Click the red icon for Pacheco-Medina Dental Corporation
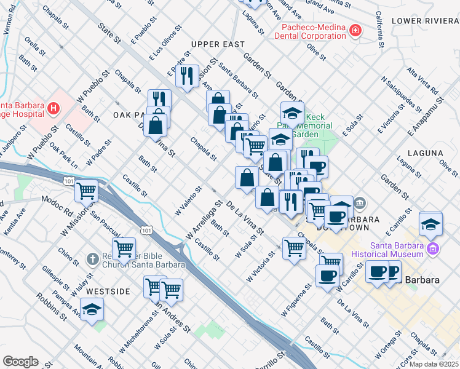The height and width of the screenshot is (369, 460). (355, 30)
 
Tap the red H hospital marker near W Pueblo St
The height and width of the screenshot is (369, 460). (54, 109)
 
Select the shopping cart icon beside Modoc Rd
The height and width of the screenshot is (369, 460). (87, 191)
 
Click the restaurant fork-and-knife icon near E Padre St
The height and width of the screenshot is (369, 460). (187, 76)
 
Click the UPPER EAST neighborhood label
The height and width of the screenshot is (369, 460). (218, 44)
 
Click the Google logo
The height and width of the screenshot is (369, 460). (20, 362)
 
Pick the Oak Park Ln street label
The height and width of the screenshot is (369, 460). (63, 156)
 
